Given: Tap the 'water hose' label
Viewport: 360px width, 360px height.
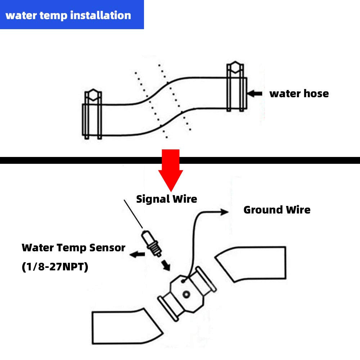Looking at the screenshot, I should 299,94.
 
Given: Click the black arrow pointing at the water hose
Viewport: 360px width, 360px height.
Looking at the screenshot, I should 255,94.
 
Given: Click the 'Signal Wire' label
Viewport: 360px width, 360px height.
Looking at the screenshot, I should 166,199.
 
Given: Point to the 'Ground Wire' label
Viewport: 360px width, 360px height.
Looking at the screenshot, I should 277,210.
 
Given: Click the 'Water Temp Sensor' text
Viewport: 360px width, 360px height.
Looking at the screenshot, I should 73,248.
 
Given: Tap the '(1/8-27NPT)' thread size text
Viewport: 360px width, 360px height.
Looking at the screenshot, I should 55,267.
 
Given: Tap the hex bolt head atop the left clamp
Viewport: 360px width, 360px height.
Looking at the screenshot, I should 92,95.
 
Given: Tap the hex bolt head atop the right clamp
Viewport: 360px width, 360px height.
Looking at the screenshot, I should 236,67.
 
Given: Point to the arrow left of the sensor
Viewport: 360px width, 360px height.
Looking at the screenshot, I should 136,255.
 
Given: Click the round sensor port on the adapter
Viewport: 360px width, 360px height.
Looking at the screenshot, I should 186,295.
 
